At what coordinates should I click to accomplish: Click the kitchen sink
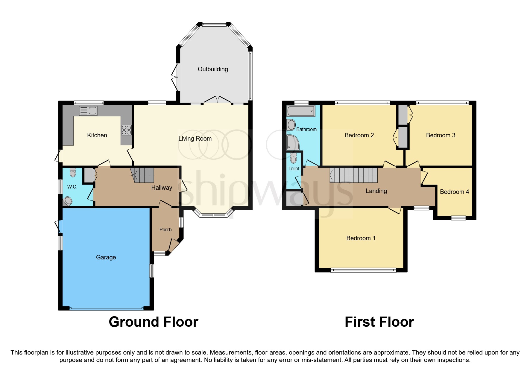(88, 111)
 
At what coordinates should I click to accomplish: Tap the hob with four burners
(126, 130)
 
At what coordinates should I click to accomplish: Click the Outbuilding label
(213, 69)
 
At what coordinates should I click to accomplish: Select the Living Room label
(195, 139)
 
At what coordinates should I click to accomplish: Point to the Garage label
(106, 257)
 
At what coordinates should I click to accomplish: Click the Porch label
(165, 229)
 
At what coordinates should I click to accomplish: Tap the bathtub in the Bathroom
(301, 111)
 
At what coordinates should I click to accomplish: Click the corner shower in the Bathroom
(293, 142)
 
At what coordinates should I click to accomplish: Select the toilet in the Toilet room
(293, 158)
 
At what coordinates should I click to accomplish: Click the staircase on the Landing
(354, 175)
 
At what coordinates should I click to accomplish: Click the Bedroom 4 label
(454, 192)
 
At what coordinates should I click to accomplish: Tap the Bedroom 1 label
(361, 238)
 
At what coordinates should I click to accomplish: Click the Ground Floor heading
(154, 322)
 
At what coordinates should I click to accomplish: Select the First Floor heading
(379, 322)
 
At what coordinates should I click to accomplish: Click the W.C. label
(72, 187)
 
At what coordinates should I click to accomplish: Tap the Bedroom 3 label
(441, 135)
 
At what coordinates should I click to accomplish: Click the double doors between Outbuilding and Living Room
(218, 100)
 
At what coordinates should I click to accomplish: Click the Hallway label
(162, 188)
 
